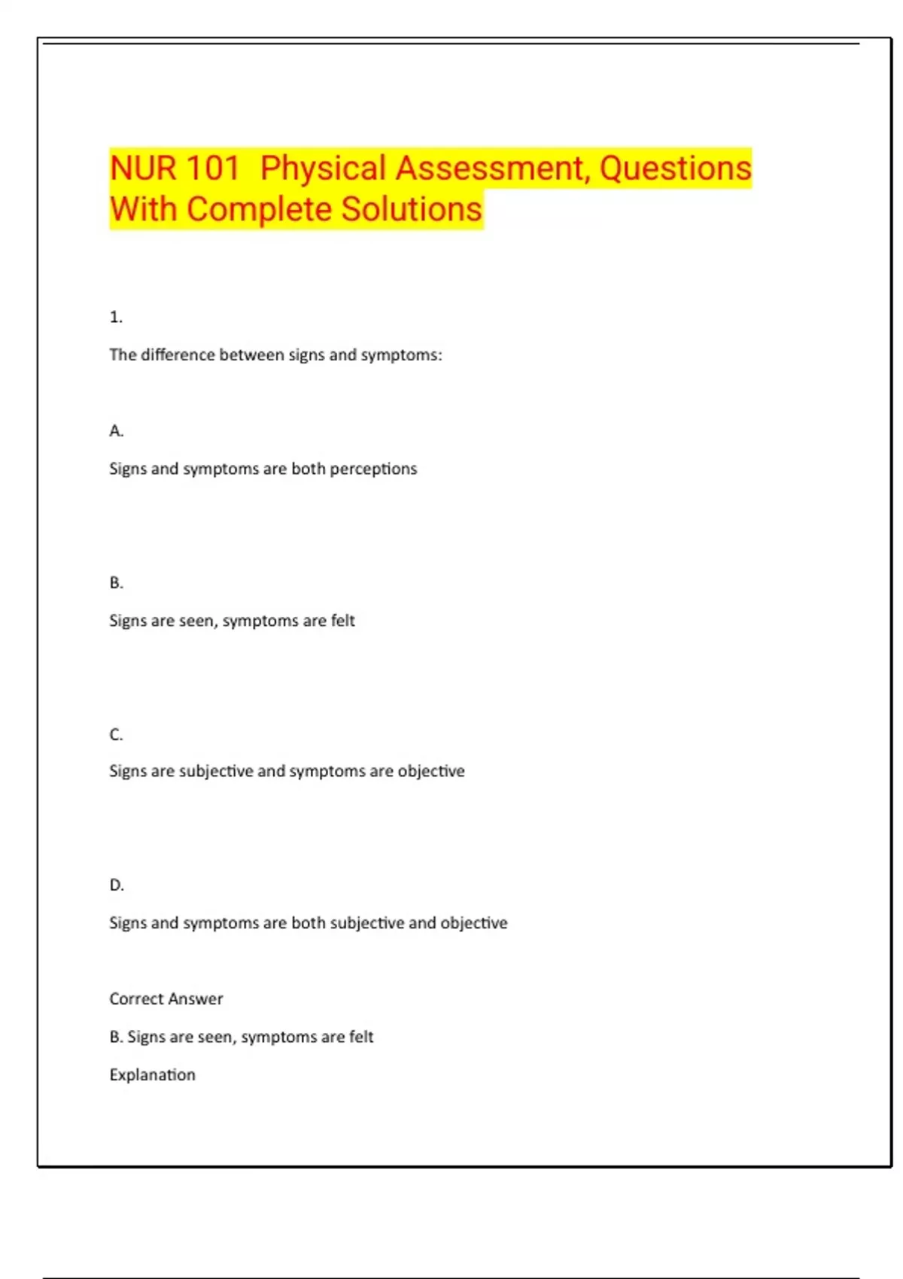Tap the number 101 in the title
[x=212, y=168]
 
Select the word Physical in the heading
[x=323, y=168]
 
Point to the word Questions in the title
[x=675, y=168]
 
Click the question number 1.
[x=116, y=317]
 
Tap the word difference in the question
[x=178, y=355]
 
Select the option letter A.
[x=116, y=431]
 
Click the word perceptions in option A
[x=373, y=469]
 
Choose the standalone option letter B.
[x=116, y=583]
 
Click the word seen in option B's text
[x=196, y=621]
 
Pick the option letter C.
[x=116, y=734]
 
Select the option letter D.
[x=116, y=886]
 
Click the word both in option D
[x=308, y=923]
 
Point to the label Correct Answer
[x=166, y=999]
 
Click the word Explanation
[x=152, y=1075]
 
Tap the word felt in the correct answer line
[x=361, y=1037]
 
